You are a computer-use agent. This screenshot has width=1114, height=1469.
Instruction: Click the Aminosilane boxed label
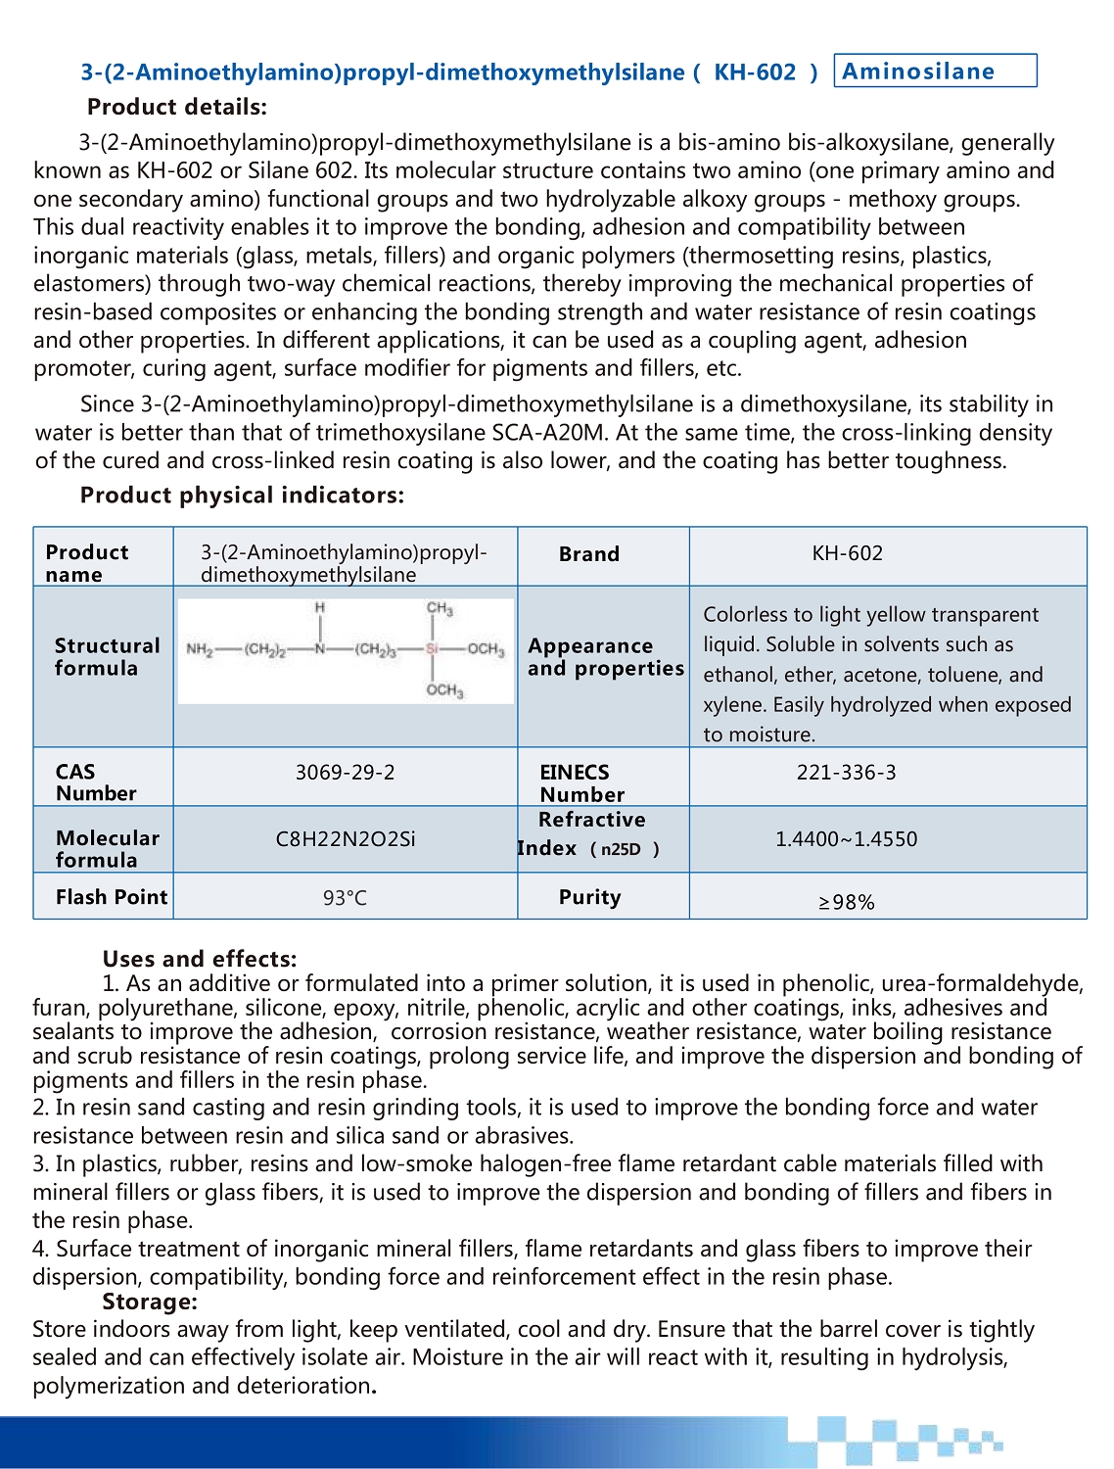pos(934,71)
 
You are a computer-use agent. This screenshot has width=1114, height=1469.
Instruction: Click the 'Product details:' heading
pos(176,107)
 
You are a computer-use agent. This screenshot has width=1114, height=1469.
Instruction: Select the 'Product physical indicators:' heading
pos(242,496)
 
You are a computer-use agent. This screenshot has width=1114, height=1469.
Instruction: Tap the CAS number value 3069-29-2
pos(345,773)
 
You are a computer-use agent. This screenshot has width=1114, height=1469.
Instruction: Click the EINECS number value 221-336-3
pos(846,773)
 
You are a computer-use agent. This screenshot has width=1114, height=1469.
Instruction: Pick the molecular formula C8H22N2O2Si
pos(345,839)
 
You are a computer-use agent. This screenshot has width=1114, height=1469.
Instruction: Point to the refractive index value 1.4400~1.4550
pos(846,839)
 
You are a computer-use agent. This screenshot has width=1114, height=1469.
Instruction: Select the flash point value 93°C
pos(345,898)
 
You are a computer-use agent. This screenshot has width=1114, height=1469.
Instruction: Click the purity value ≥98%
pos(846,902)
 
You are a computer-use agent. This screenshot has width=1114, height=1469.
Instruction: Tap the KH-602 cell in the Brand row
pos(847,553)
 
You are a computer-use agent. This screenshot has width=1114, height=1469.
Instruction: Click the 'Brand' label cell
pos(588,554)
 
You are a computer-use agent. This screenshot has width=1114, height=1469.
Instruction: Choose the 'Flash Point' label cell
pos(112,897)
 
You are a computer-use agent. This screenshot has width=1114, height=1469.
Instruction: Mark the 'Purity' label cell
pos(589,897)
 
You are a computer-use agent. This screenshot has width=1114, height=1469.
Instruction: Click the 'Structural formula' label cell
pos(107,657)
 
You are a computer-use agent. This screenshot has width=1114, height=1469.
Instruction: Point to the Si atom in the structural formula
pos(433,649)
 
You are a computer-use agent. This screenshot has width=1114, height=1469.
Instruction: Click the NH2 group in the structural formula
pos(199,649)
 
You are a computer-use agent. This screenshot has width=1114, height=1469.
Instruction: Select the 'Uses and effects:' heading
pos(199,959)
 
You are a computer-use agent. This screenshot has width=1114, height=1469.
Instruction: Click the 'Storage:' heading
pos(150,1302)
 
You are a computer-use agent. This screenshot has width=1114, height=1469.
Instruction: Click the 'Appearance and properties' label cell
pos(605,657)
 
